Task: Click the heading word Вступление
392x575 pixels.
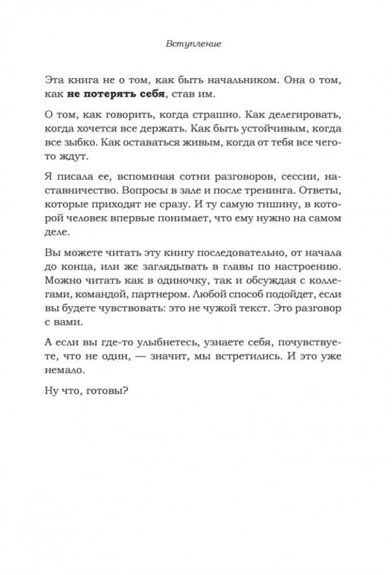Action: point(196,44)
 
